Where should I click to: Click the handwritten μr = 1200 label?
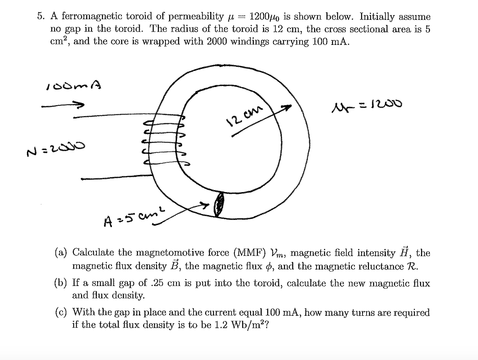(x=367, y=105)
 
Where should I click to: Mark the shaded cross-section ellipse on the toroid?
(x=219, y=204)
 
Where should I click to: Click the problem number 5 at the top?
(x=40, y=16)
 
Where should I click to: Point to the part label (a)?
(x=61, y=253)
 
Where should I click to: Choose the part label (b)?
(x=61, y=283)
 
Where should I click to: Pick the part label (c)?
(x=61, y=312)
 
